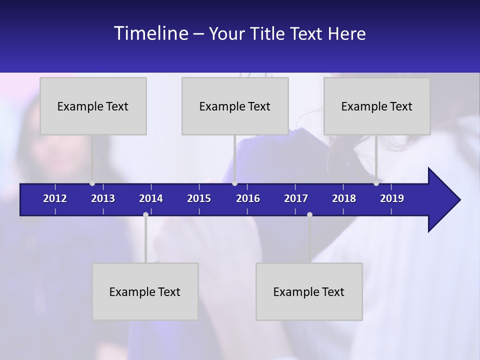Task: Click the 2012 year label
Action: coord(55,198)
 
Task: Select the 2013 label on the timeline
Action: coord(103,198)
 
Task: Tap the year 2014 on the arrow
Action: coord(151,198)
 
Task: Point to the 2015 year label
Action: coord(199,198)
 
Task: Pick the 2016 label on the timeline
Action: coord(248,198)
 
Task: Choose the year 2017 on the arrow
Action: coord(296,198)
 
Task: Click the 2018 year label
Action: coord(344,198)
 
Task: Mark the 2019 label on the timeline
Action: coord(392,198)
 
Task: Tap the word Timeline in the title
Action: coord(151,33)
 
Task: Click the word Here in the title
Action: coord(347,34)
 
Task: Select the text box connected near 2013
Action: coord(93,106)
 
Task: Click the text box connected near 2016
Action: coord(235,106)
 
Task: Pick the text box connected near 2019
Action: coord(377,106)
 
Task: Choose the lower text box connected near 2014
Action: coord(145,291)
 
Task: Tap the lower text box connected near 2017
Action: coord(309,291)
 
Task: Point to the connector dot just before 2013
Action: coord(92,183)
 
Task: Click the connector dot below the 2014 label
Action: coord(145,214)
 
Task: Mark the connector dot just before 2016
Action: coord(234,183)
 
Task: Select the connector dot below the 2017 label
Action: coord(309,214)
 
